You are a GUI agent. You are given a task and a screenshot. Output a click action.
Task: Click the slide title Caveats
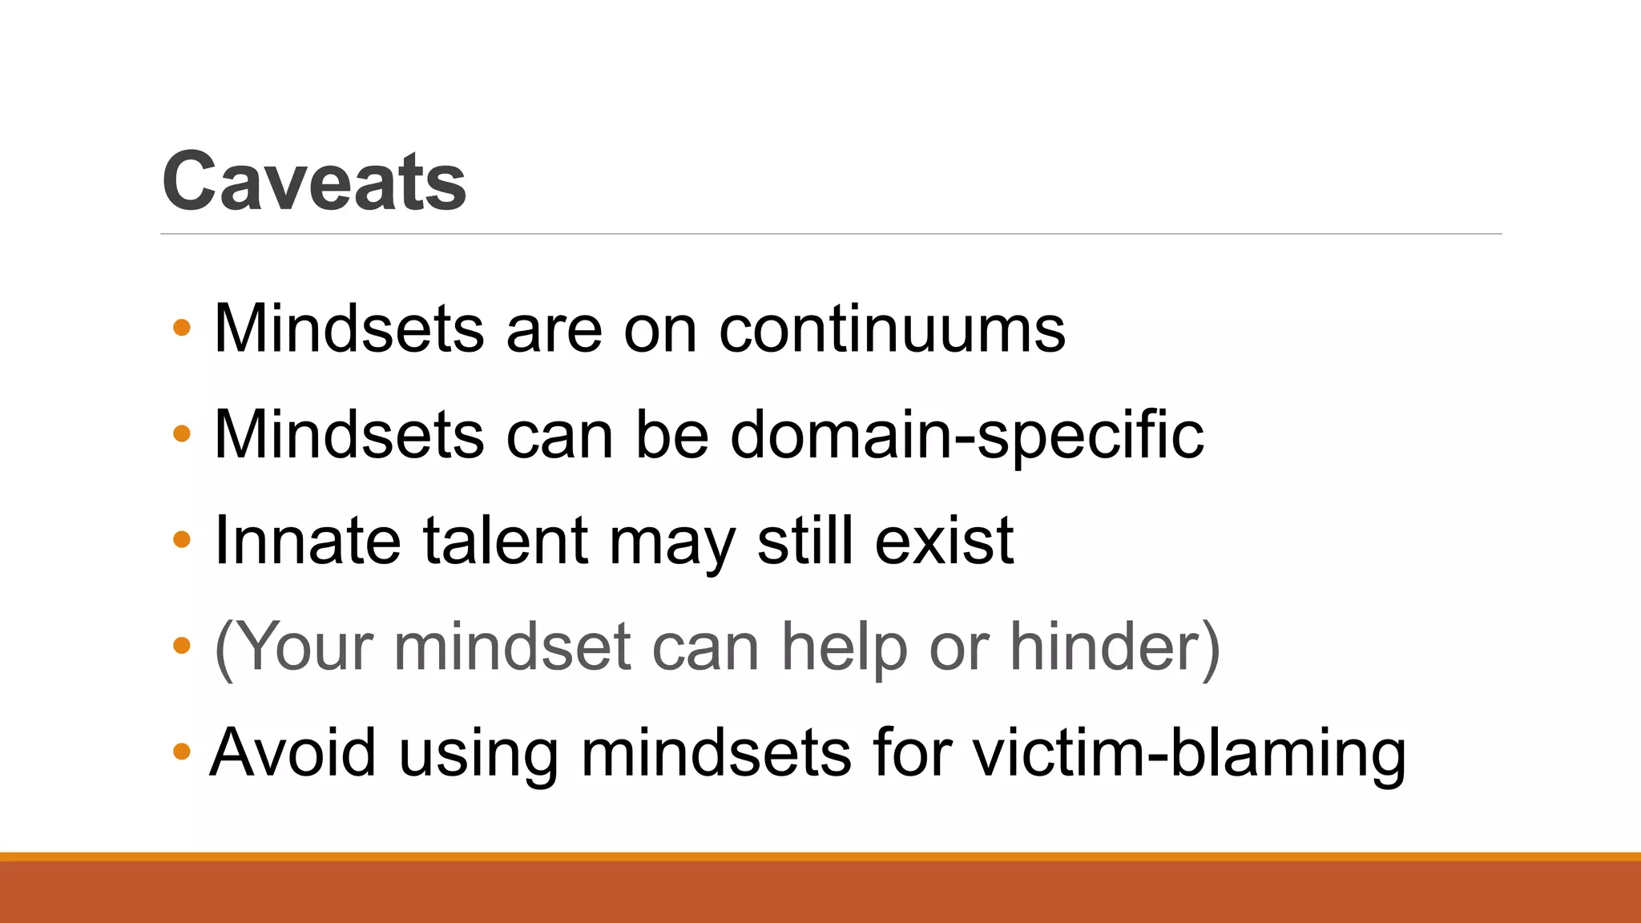314,182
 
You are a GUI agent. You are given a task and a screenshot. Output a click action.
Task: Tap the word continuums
892,328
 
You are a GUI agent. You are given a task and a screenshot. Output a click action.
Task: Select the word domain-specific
966,435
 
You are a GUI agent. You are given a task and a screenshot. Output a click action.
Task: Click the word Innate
308,541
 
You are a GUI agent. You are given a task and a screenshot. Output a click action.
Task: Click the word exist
945,541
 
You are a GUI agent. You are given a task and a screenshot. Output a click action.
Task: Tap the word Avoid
292,752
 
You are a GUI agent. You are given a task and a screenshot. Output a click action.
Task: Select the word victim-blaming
1189,752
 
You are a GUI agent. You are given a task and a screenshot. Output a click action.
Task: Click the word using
478,754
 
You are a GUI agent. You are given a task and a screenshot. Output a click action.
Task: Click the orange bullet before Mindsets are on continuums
182,327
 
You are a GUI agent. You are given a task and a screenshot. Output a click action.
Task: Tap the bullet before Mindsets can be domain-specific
182,433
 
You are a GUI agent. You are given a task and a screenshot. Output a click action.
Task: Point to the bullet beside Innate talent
182,539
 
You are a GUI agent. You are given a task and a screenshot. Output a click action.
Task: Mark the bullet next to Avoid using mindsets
182,752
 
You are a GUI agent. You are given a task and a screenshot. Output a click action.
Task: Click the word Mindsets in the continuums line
349,328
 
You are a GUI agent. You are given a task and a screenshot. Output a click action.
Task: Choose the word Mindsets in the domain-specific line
349,435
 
